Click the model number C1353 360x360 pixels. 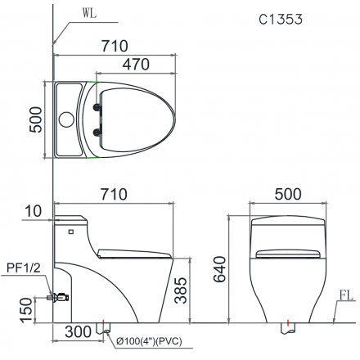[281, 19]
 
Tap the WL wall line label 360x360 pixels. [90, 14]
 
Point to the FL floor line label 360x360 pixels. [346, 295]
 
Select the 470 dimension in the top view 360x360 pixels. [136, 65]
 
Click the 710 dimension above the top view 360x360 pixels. [115, 46]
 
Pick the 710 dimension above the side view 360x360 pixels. [114, 194]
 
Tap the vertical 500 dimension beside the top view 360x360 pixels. [36, 119]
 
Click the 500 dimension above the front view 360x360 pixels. [288, 194]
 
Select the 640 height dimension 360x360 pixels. [220, 269]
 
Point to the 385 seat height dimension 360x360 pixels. [181, 290]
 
